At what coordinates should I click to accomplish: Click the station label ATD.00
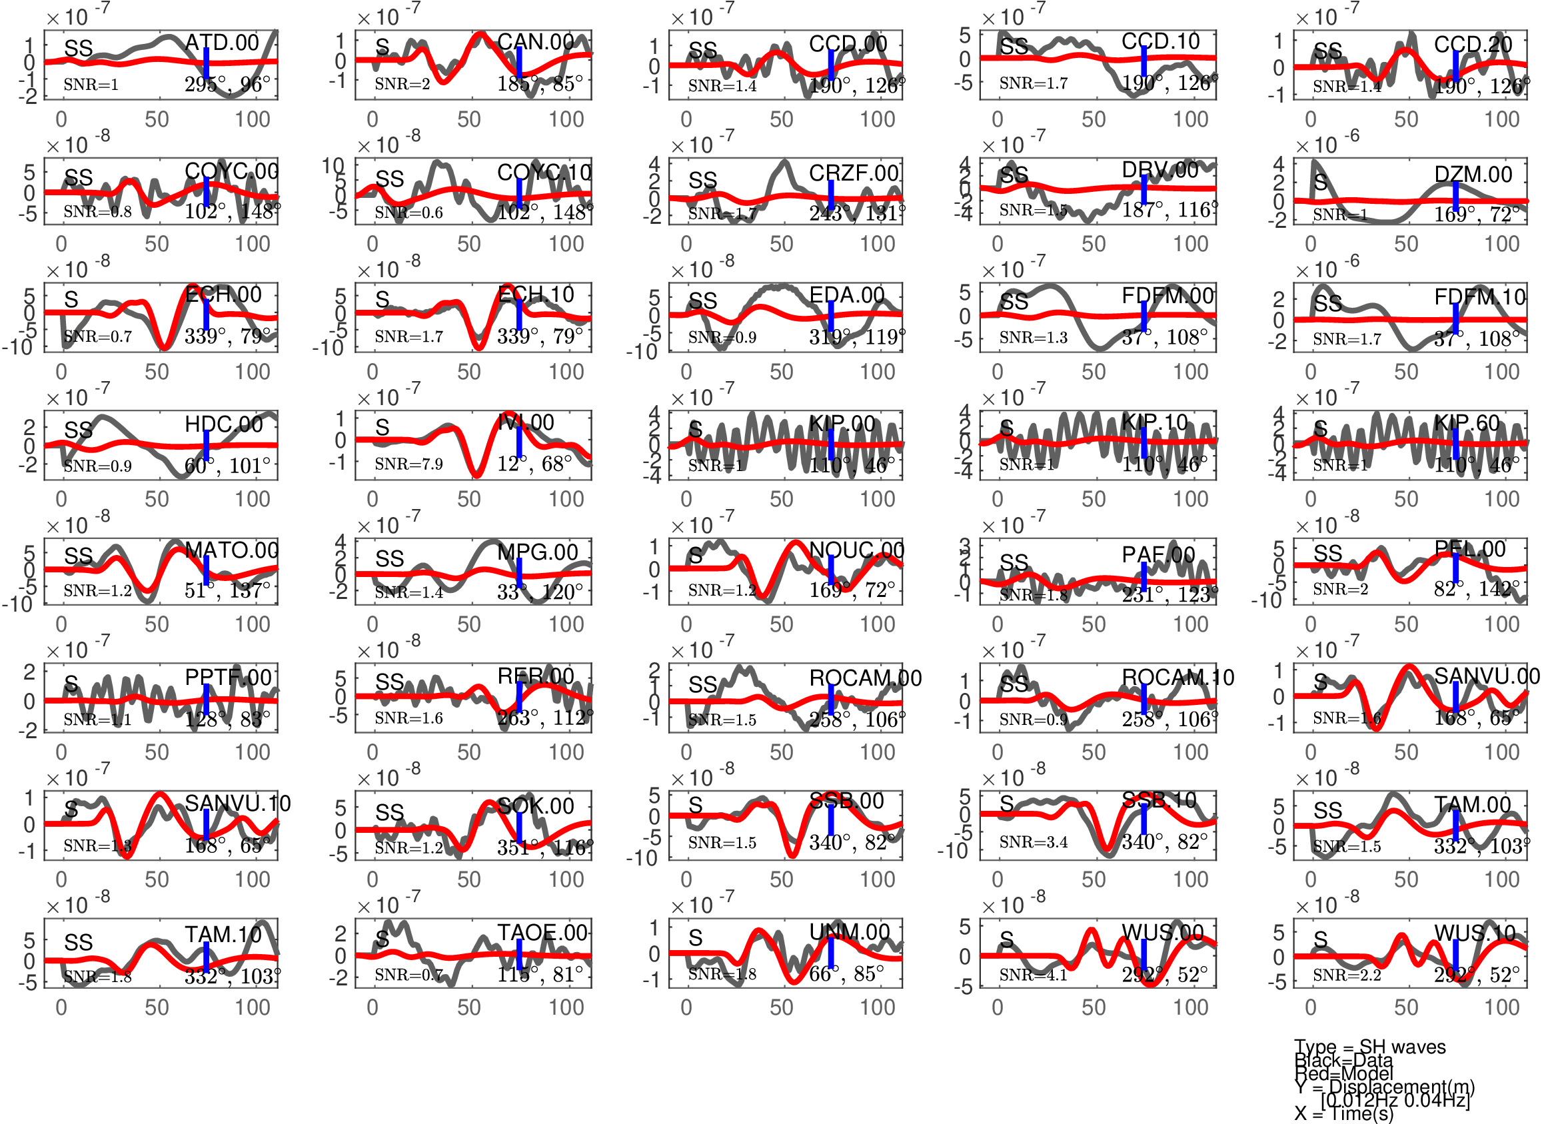222,42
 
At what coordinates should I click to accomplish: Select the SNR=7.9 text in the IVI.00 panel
408,464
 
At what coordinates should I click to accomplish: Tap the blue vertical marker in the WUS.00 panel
1144,961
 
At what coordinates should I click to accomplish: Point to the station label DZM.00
1473,175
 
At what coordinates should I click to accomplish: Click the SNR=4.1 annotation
1033,975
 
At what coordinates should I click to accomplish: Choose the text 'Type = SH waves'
1369,1047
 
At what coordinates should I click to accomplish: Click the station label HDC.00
223,424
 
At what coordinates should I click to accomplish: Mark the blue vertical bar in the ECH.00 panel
207,314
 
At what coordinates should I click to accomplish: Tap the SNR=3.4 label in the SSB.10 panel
1033,842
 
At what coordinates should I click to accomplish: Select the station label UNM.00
849,932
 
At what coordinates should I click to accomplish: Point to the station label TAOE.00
542,932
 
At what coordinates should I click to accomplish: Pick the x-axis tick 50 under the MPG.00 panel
468,624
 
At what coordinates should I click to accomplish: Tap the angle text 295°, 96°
227,85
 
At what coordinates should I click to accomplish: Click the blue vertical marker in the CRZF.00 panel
830,195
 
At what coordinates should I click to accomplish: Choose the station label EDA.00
846,294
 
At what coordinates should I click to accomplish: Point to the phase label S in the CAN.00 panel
383,47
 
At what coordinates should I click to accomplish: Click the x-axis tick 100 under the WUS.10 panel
1501,1007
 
